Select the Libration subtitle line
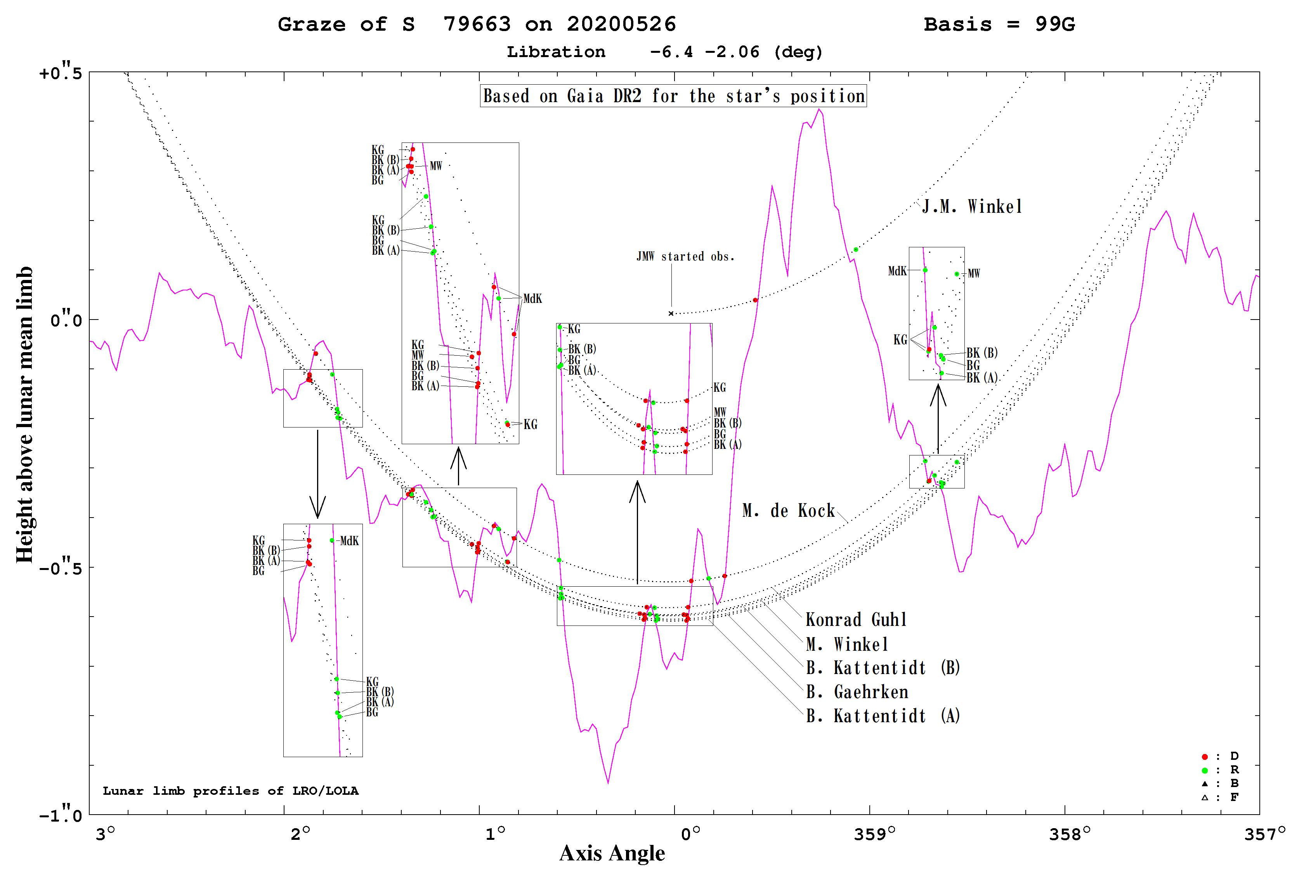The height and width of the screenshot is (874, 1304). pyautogui.click(x=664, y=52)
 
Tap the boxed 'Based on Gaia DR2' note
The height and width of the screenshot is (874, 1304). pyautogui.click(x=673, y=96)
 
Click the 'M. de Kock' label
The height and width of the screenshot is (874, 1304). pyautogui.click(x=788, y=511)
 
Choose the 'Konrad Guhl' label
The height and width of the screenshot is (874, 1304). pyautogui.click(x=856, y=620)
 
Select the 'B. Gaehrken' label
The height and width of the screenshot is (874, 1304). pyautogui.click(x=857, y=692)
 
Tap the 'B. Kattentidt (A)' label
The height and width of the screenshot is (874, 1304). pyautogui.click(x=883, y=716)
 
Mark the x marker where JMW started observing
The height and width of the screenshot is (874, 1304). pyautogui.click(x=671, y=313)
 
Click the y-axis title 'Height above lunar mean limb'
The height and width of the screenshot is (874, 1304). pyautogui.click(x=24, y=415)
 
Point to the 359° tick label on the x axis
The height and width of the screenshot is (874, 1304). pyautogui.click(x=874, y=834)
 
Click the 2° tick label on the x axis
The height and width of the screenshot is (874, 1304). pyautogui.click(x=300, y=834)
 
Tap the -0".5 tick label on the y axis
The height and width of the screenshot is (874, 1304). pyautogui.click(x=60, y=567)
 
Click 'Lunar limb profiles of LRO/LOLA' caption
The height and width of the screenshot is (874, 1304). pyautogui.click(x=231, y=791)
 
